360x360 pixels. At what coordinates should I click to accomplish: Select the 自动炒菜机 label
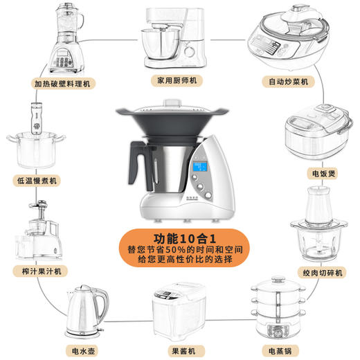[x=290, y=82]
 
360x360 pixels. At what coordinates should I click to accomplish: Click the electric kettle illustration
[x=85, y=309]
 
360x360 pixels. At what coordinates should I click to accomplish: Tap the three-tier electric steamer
[x=278, y=307]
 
